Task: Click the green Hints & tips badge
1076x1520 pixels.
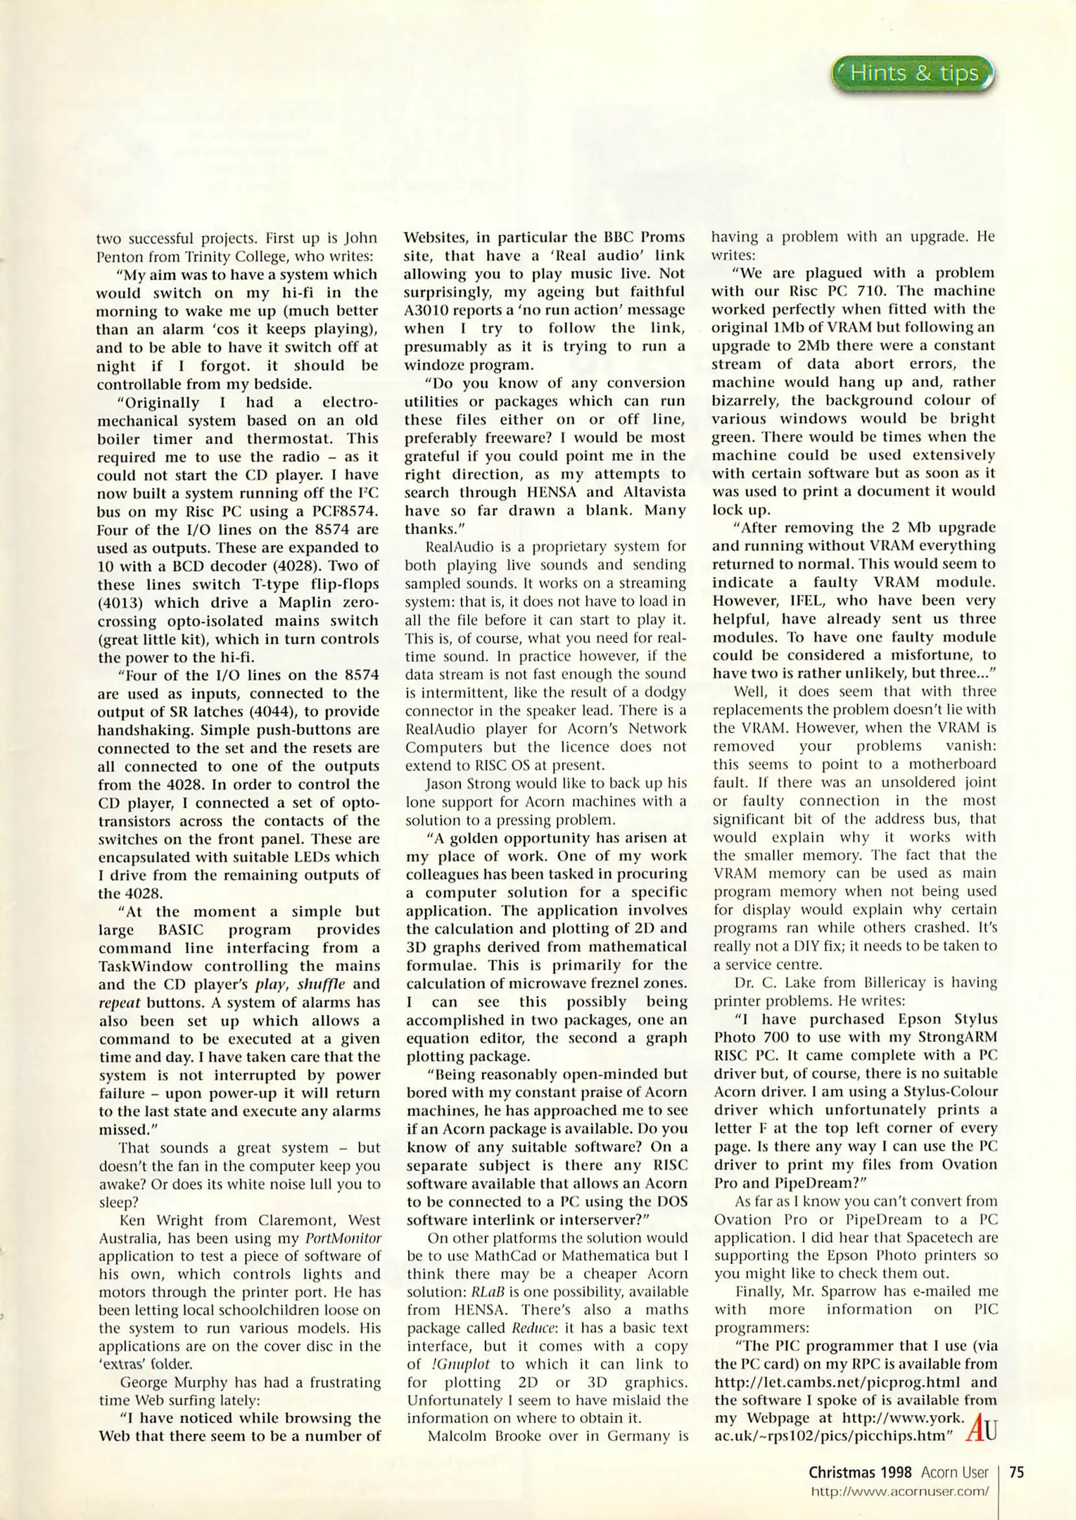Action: click(913, 74)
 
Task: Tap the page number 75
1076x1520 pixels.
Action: click(1016, 1472)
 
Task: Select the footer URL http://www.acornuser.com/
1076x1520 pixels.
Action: click(899, 1490)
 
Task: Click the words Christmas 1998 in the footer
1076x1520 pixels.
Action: click(859, 1472)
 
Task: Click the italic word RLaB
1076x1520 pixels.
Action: click(488, 1292)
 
